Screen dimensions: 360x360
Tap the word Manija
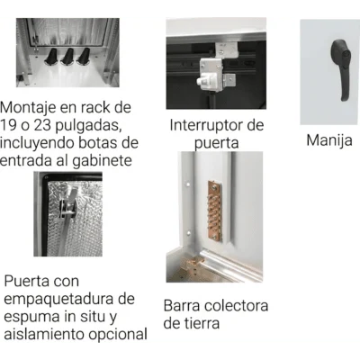click(329, 140)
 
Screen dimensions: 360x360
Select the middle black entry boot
click(67, 57)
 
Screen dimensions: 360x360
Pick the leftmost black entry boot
click(51, 57)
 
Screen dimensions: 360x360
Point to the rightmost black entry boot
click(83, 57)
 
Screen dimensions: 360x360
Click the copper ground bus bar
click(214, 211)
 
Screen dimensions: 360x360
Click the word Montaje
click(28, 108)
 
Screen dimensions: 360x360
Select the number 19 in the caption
click(8, 125)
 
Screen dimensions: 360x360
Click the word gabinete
click(103, 161)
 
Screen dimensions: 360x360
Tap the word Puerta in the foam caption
click(27, 282)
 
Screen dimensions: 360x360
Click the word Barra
click(182, 306)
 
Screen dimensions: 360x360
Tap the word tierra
click(201, 323)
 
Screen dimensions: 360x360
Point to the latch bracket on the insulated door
click(67, 205)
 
